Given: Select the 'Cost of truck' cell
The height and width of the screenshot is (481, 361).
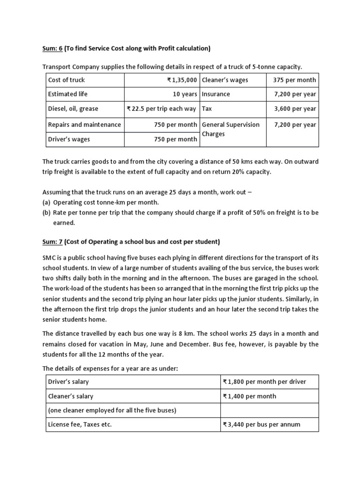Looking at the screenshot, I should click(x=66, y=80).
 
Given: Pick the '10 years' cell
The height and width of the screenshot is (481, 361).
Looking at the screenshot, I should click(x=185, y=94).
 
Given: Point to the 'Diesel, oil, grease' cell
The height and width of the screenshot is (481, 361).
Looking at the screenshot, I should click(x=73, y=109).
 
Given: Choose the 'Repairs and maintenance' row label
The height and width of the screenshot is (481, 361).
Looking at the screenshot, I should click(x=84, y=124).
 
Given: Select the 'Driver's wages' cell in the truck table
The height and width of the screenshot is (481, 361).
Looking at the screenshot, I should click(x=69, y=139).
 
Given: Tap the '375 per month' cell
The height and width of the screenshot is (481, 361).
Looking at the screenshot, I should click(x=294, y=80).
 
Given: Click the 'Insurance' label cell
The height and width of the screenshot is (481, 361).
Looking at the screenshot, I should click(x=216, y=94).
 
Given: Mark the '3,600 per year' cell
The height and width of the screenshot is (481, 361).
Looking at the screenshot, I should click(x=295, y=109).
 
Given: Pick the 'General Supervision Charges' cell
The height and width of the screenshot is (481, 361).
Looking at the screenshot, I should click(x=230, y=129).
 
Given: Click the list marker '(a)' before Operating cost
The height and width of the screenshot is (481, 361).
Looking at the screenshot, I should click(x=47, y=202).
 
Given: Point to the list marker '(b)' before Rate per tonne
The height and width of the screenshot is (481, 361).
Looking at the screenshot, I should click(x=47, y=212).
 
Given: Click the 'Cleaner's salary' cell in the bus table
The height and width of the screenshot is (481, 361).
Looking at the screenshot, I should click(x=71, y=396).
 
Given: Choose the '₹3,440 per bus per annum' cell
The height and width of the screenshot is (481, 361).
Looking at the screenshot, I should click(x=261, y=425).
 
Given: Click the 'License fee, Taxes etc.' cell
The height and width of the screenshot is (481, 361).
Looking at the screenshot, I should click(x=80, y=425).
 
